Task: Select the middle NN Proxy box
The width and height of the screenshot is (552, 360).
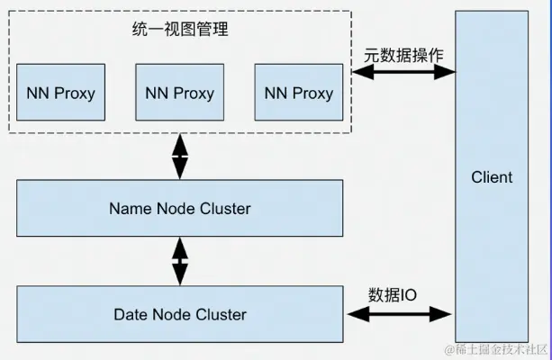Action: [x=179, y=93]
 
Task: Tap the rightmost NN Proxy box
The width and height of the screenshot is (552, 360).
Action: [x=299, y=93]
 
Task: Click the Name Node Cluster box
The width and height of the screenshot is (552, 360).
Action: [x=180, y=208]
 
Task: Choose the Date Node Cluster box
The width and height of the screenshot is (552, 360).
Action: [x=180, y=314]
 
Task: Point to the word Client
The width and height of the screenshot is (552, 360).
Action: [x=492, y=177]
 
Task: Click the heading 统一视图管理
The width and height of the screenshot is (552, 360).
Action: [x=180, y=29]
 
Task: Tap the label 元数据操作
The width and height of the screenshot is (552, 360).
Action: [x=403, y=54]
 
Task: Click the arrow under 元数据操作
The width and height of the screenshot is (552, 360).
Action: [x=403, y=74]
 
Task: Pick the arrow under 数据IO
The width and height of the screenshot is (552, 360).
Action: [x=398, y=313]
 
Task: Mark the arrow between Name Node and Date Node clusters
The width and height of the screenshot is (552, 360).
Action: [x=180, y=261]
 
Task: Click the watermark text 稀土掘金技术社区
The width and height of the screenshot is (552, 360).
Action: [x=490, y=348]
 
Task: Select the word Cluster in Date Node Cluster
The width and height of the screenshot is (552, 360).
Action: [x=222, y=314]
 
